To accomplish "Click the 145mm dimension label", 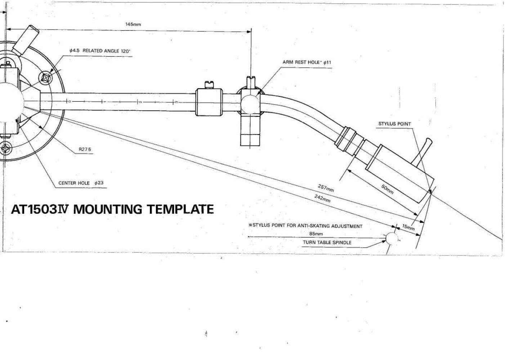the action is [x=133, y=25].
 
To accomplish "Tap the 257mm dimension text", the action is [x=326, y=188].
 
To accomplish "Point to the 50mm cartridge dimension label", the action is [x=387, y=189].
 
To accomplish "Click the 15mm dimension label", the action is [x=408, y=227].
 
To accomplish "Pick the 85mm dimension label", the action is [x=316, y=234].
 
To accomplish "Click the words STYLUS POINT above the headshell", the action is [x=394, y=124].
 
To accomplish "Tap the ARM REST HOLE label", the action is [x=301, y=62].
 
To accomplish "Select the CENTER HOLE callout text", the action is [x=74, y=183].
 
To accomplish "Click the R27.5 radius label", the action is [x=85, y=149].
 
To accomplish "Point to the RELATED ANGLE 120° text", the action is [x=106, y=51].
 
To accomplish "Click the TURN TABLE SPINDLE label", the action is [x=327, y=243].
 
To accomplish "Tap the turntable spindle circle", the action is [x=392, y=239].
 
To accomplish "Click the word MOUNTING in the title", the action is [x=108, y=209].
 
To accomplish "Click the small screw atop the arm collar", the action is [x=209, y=85].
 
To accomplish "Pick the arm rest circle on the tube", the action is [x=250, y=104].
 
